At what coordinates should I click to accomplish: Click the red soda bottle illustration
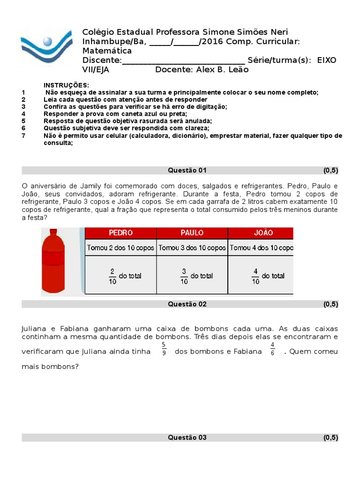tap(52, 262)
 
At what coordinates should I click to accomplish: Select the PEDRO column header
tap(120, 233)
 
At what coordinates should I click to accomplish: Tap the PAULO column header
tap(192, 233)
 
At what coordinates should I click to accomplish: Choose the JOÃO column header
tap(263, 233)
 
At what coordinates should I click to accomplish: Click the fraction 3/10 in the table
tap(184, 276)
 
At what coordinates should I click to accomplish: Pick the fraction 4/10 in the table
tap(255, 276)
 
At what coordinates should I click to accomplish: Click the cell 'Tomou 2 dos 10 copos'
tap(120, 248)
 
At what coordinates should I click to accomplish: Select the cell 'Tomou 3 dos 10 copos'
tap(192, 248)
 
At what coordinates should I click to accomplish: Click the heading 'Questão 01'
tap(187, 170)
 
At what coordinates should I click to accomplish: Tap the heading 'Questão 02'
tap(187, 304)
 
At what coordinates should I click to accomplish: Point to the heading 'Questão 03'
tap(187, 438)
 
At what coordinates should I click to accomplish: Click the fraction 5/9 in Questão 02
tap(164, 349)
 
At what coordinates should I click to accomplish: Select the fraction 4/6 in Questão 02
tap(272, 349)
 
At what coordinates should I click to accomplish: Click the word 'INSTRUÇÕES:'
tap(66, 85)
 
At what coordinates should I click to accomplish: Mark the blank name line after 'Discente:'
tap(183, 60)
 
